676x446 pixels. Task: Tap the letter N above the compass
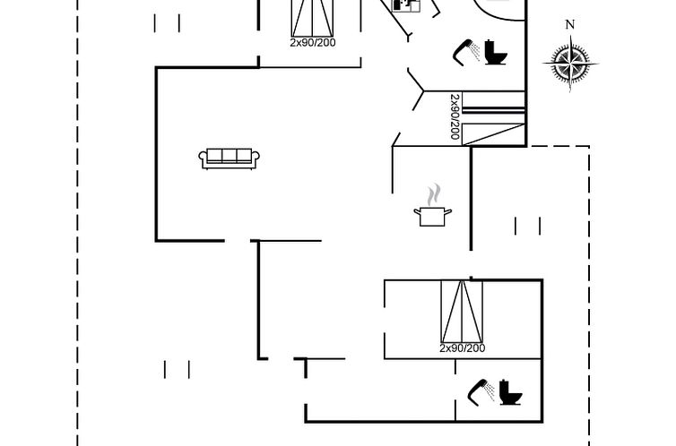pos(570,25)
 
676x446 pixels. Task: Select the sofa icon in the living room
pos(230,158)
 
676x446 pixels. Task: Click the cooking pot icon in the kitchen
pos(433,215)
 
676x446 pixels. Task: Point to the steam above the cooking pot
pos(434,194)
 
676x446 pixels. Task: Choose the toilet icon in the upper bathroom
pos(496,52)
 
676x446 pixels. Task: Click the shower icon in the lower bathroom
pos(481,390)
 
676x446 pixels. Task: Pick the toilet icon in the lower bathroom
pos(511,391)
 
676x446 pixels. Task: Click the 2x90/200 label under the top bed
pos(313,42)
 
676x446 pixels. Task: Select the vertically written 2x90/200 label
pos(455,116)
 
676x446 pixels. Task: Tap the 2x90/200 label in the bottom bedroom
pos(463,347)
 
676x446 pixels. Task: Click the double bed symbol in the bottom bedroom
pos(462,311)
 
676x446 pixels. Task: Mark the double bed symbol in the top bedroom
pos(313,17)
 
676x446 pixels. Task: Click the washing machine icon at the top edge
pos(406,5)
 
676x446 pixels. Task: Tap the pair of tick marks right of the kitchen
pos(528,226)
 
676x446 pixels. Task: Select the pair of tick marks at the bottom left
pos(178,369)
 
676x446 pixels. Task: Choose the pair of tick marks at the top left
pos(167,22)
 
